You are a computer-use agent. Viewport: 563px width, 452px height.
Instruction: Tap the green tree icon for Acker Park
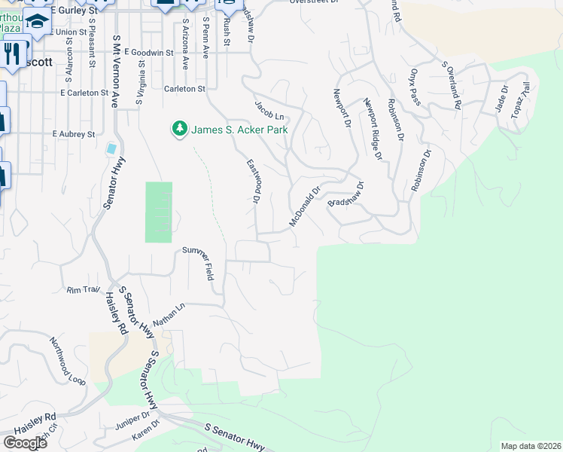[x=180, y=130]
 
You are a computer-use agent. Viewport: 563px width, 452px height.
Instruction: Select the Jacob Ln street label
[x=269, y=110]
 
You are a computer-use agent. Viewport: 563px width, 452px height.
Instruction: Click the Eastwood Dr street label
[x=253, y=181]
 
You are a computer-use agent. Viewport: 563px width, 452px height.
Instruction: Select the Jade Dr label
[x=502, y=99]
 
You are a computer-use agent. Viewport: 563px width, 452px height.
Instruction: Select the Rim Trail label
[x=84, y=289]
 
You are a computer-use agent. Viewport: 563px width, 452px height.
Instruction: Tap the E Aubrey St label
[x=73, y=134]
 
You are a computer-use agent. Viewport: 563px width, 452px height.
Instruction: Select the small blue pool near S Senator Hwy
[x=112, y=148]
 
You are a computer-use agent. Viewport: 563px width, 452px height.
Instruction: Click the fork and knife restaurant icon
[x=11, y=53]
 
